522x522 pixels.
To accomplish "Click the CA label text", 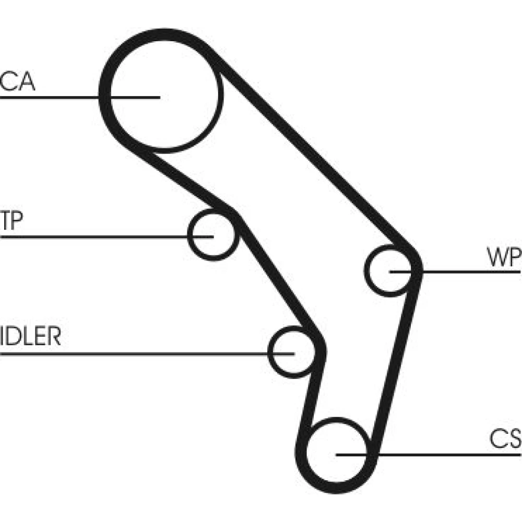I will [18, 82].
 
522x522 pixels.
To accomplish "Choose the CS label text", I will [506, 440].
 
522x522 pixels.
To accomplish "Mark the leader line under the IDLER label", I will [130, 354].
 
